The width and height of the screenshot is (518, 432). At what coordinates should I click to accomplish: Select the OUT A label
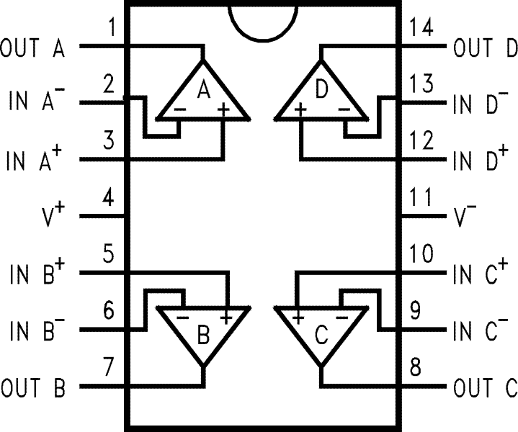pos(33,49)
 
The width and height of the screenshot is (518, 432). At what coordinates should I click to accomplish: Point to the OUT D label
pos(484,49)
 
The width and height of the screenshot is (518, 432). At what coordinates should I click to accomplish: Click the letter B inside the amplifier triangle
pos(204,335)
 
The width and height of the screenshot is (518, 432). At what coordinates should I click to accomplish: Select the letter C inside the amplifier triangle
pos(322,335)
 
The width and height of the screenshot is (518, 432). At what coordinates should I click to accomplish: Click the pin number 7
pos(109,368)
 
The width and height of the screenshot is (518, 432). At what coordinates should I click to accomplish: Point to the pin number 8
pos(416,368)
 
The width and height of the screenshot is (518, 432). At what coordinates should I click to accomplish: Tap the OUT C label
pos(485,389)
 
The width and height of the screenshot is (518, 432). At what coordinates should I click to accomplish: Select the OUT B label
pos(33,389)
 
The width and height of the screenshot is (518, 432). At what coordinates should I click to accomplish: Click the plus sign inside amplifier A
pos(223,109)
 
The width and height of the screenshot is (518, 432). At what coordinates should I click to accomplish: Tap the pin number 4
pos(109,197)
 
